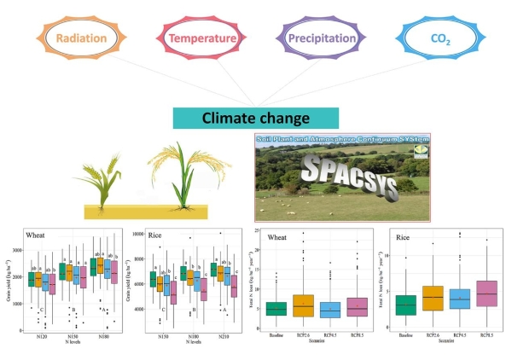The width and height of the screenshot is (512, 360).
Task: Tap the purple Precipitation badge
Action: coord(317,38)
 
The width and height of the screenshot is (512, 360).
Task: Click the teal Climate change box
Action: coord(253,118)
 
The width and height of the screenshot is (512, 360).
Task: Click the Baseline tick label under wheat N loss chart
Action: coord(274,336)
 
